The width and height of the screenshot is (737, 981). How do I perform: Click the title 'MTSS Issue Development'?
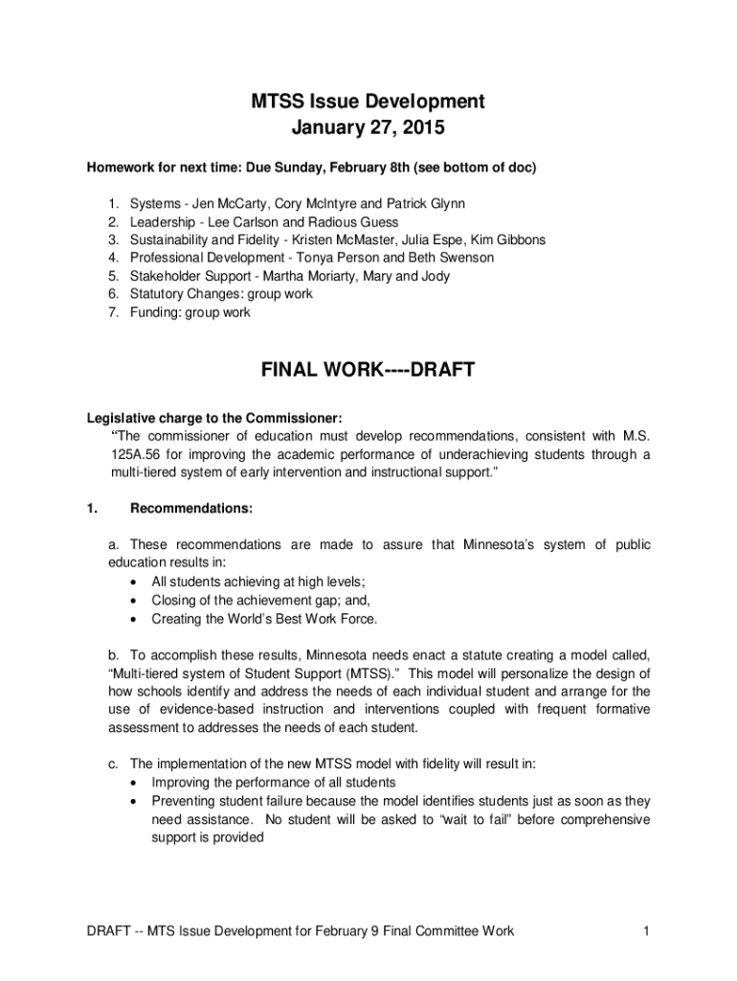click(x=368, y=102)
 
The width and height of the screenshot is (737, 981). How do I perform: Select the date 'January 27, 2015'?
click(x=368, y=126)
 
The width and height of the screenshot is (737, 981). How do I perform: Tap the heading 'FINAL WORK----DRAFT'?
click(x=368, y=370)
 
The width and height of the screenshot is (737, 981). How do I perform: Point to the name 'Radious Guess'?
click(x=357, y=222)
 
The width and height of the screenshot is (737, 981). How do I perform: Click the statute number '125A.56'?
click(x=136, y=454)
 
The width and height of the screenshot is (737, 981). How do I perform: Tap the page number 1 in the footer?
click(x=648, y=930)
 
